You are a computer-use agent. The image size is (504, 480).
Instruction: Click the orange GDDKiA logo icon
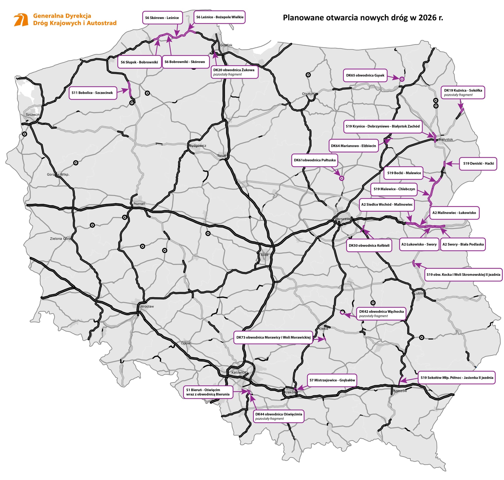coord(21,20)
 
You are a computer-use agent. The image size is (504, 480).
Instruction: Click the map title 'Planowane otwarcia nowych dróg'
coord(362,18)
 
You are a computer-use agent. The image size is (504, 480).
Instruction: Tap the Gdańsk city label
coord(226,45)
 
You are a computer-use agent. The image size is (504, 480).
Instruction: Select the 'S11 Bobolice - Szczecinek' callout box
coord(93,93)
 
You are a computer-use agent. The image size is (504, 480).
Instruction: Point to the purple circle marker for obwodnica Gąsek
coord(402,79)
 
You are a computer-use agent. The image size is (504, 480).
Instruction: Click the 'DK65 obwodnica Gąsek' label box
coord(365,75)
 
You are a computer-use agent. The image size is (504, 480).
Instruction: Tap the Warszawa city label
coord(343,219)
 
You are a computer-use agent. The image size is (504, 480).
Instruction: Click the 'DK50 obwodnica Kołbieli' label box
coord(369,245)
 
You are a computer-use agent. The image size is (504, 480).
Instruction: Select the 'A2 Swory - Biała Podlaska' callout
coord(463,244)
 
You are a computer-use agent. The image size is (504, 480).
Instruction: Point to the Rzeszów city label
coord(400,391)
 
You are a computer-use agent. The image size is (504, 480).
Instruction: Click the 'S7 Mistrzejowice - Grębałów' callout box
coord(332,380)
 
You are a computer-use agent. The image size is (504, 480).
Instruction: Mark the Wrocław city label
coord(147,306)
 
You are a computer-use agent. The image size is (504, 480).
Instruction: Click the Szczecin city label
coord(33,114)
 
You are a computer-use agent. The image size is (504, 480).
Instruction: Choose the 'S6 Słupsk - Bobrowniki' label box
coord(139,62)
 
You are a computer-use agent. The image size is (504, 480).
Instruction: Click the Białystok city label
coord(445,139)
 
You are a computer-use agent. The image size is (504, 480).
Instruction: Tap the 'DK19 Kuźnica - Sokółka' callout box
coord(463,92)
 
